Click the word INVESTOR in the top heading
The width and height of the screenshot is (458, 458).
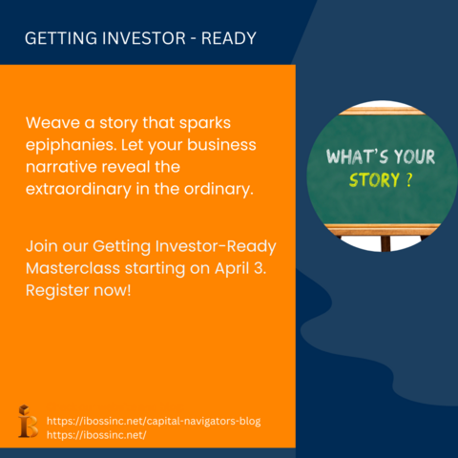tap(144, 38)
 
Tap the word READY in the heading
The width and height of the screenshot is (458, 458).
tap(229, 38)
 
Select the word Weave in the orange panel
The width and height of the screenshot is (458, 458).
tap(52, 123)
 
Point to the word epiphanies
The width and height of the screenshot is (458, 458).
tap(71, 145)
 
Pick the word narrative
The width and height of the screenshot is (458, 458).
tap(61, 167)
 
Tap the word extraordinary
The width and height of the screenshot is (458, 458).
tap(78, 190)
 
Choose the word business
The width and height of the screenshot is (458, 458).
tap(221, 145)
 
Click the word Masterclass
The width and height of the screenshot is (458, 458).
tap(73, 268)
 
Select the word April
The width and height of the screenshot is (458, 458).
tap(232, 269)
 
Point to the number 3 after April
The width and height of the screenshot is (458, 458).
tap(260, 268)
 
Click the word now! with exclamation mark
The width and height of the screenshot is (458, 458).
tap(113, 290)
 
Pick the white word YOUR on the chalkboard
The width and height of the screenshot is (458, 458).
tap(415, 156)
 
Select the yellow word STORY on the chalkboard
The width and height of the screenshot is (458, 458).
tap(374, 180)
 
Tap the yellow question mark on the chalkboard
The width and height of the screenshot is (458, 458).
tap(409, 179)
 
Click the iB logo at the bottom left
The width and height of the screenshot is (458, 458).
tap(28, 421)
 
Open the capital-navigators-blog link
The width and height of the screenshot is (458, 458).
tap(154, 421)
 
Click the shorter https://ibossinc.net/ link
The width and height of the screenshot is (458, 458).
tap(96, 435)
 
